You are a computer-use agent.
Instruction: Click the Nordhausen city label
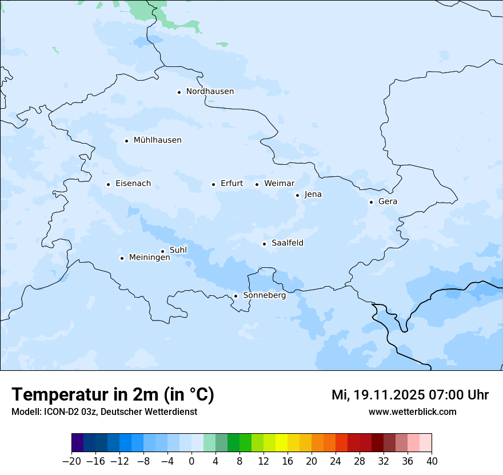210,92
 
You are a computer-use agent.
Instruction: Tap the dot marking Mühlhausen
126,141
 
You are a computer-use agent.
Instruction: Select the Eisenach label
133,184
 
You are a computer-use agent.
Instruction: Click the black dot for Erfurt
213,184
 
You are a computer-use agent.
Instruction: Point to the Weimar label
279,184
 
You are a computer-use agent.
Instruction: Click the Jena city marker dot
297,195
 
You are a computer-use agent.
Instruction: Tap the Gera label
388,201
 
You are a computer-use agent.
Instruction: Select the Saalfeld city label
288,243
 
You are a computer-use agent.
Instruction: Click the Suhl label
178,250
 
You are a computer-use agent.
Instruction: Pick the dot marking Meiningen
122,258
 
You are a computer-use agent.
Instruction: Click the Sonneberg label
264,295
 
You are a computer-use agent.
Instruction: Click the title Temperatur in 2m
113,394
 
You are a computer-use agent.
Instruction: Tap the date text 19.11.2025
389,395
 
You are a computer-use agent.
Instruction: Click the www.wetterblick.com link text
412,411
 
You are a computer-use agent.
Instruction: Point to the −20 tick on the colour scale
71,461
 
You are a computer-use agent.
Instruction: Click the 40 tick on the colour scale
432,461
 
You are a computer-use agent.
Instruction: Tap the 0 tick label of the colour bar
191,461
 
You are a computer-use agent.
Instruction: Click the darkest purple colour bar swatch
77,443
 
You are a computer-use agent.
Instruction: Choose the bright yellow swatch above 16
281,443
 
